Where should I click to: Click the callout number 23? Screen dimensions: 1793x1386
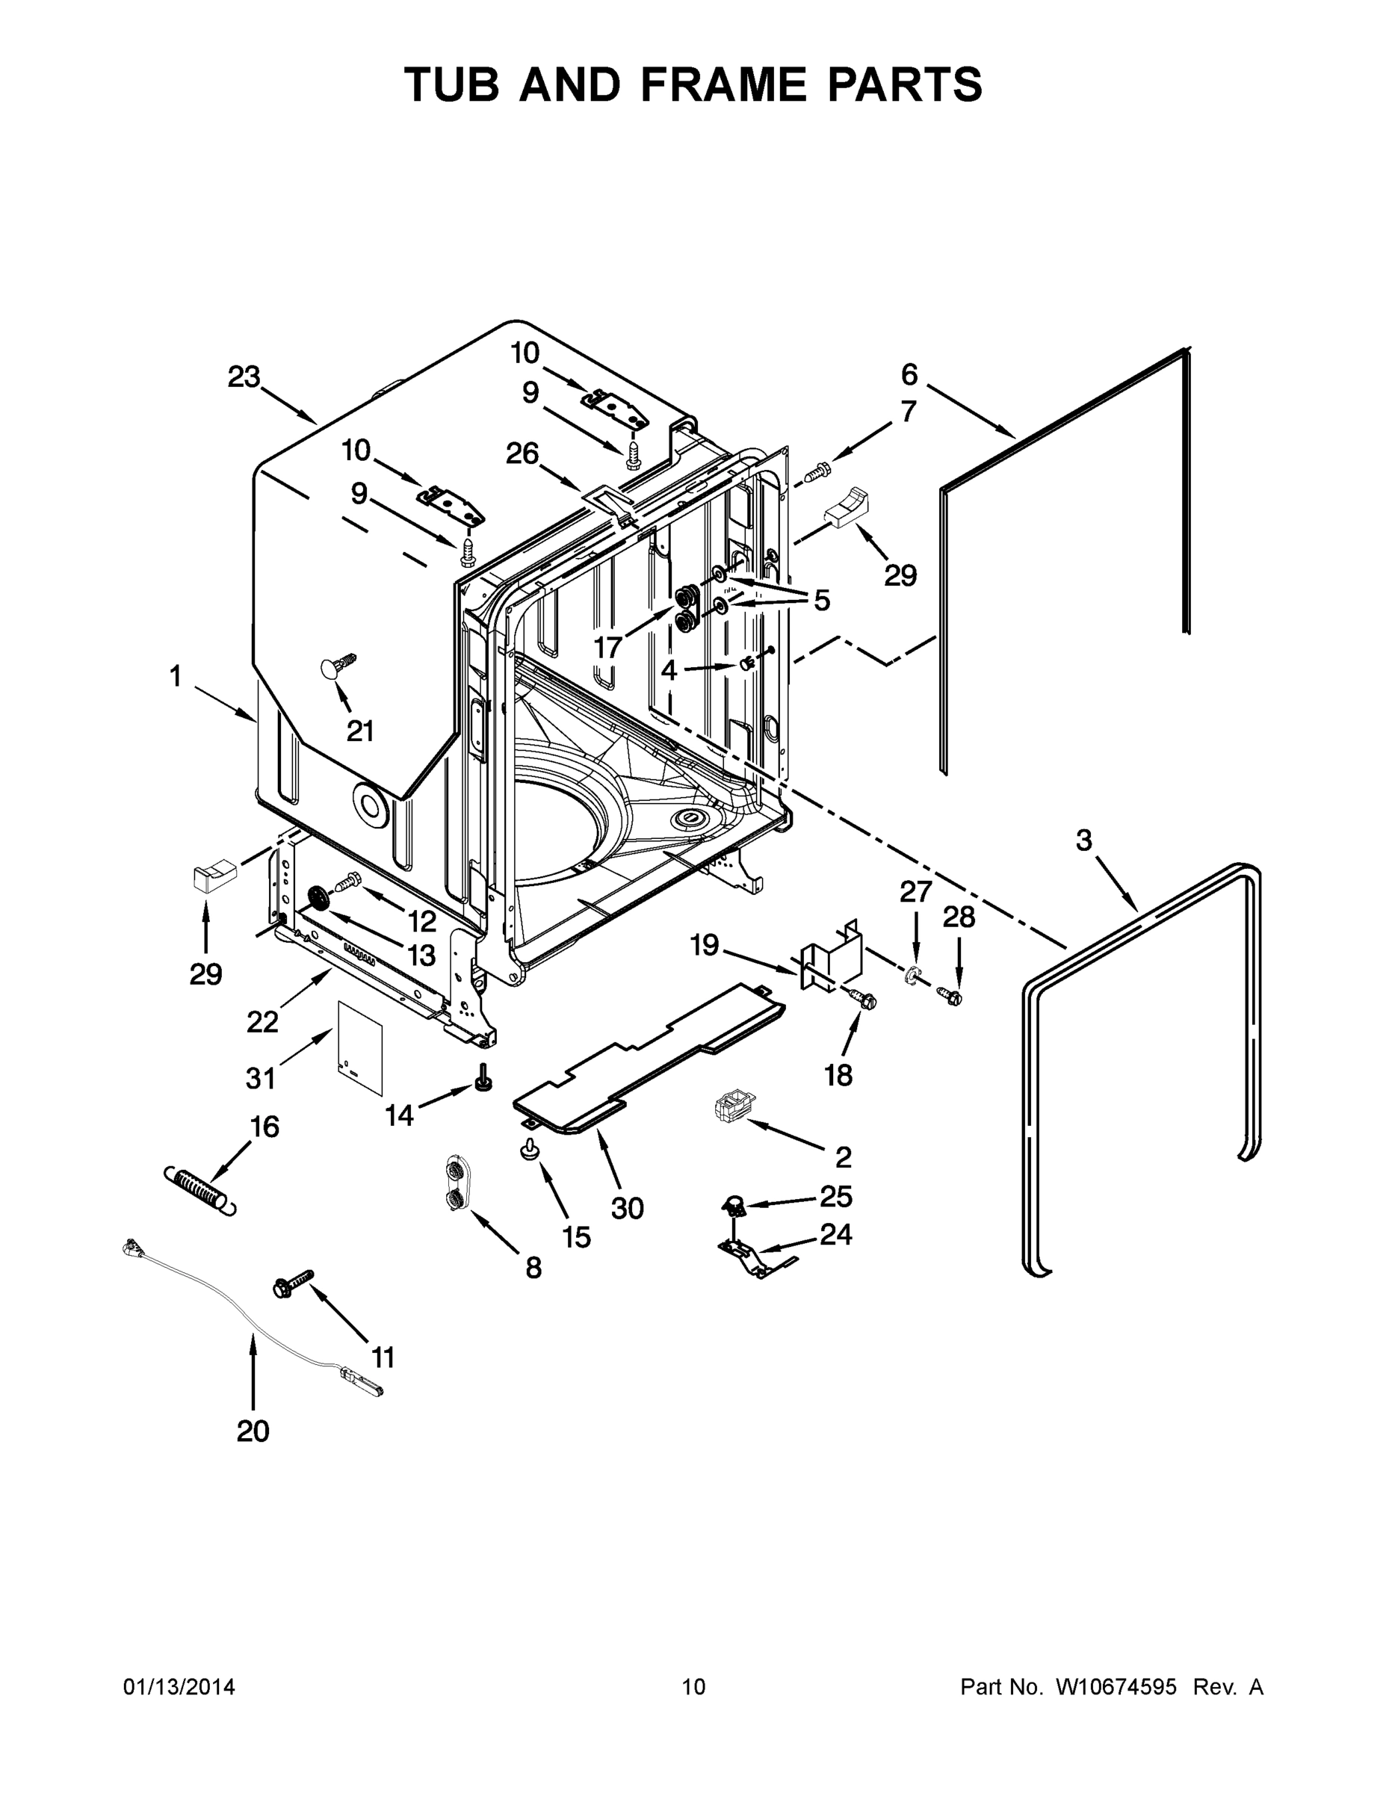coord(244,377)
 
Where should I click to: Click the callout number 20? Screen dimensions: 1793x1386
coord(252,1431)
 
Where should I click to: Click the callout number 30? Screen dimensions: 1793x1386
coord(628,1207)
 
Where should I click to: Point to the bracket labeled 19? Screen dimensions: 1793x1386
coord(829,956)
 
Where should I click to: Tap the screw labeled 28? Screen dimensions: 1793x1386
coord(952,997)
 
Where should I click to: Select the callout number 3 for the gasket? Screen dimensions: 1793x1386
coord(1084,840)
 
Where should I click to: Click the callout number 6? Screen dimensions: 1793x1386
coord(909,374)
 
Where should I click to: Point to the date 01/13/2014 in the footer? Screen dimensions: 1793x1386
coord(179,1687)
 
